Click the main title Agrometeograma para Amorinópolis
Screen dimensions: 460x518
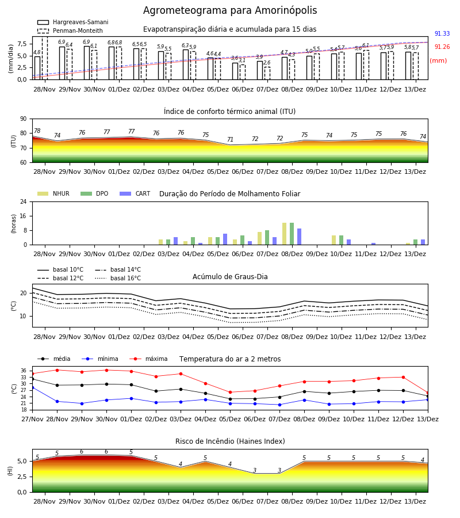230,10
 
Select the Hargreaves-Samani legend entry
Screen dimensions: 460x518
72,22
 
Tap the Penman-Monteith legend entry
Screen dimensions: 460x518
70,31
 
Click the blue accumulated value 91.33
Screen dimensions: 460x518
442,34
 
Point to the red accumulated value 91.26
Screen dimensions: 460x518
442,47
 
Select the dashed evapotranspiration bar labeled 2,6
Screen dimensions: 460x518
267,73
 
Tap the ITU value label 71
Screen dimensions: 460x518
231,139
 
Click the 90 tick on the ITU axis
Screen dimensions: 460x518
24,119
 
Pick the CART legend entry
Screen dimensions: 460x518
135,193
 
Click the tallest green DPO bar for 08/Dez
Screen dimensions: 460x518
292,234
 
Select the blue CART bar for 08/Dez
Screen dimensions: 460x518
300,237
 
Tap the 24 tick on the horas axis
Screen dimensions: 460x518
24,201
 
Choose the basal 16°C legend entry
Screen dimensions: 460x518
118,278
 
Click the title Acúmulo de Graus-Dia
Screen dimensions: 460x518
230,277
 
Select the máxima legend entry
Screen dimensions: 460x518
148,359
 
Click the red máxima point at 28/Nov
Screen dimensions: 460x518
57,370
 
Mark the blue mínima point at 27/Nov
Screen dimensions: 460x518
32,387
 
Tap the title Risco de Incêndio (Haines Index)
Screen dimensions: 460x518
230,441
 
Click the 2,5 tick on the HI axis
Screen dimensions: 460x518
22,477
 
